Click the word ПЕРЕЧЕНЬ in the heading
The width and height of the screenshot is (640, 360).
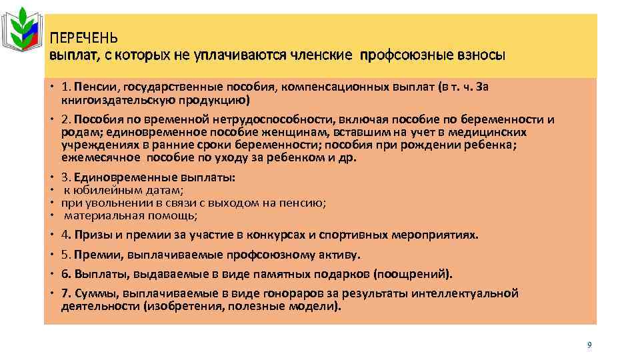click(x=85, y=39)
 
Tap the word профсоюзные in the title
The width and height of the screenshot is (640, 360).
click(x=403, y=55)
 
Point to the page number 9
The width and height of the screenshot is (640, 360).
click(x=589, y=345)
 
